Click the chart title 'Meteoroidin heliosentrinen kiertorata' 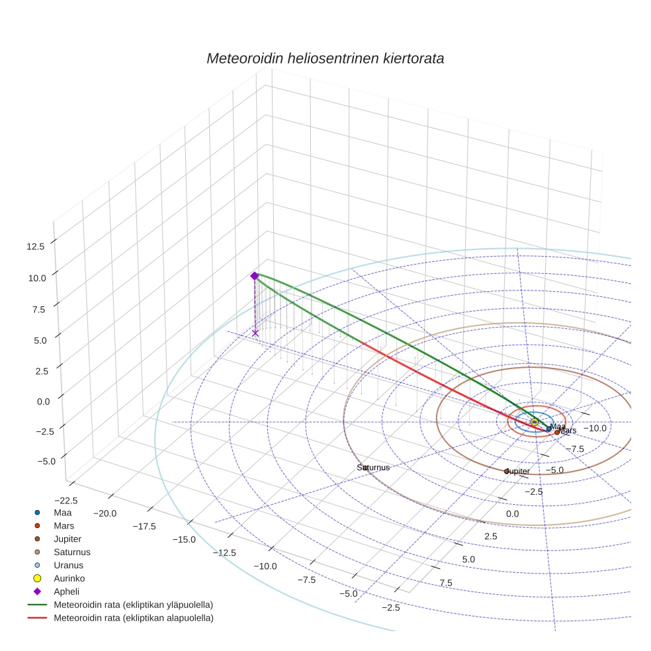[x=325, y=58]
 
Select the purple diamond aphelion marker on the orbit [x=254, y=276]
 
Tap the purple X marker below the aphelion [x=255, y=333]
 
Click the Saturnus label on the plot [x=373, y=467]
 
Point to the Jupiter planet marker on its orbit [x=506, y=471]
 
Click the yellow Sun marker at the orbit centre [x=535, y=422]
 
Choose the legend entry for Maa [x=62, y=512]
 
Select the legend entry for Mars [x=64, y=525]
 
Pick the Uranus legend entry [x=67, y=565]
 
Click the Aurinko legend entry [x=69, y=578]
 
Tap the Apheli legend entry [x=66, y=591]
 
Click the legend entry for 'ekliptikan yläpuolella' [x=133, y=605]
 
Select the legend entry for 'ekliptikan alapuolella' [x=133, y=618]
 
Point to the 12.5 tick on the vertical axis [x=36, y=246]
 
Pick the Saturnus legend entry [x=71, y=552]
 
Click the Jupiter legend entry [x=67, y=539]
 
